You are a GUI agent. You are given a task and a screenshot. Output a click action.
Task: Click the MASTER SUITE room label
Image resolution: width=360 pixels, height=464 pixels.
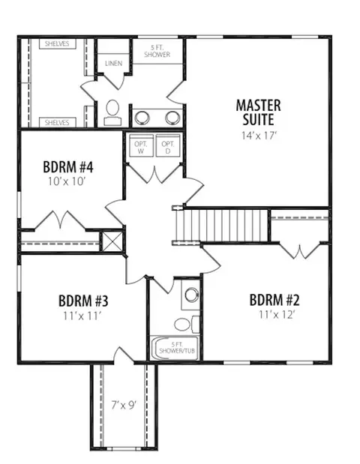(x=259, y=112)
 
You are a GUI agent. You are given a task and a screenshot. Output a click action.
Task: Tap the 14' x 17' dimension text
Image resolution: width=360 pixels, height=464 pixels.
(x=259, y=136)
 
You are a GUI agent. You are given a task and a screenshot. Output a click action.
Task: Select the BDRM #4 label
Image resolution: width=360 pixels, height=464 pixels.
(x=68, y=167)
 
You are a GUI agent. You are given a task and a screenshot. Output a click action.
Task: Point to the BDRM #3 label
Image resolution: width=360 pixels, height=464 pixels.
(x=83, y=301)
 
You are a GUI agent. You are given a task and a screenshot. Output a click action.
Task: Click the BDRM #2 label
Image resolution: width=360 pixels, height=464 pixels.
(x=274, y=300)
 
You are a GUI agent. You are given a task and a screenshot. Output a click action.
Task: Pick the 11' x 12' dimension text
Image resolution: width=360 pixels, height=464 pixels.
(x=277, y=315)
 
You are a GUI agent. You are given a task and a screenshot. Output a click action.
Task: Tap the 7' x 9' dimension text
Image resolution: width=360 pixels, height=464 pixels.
(x=124, y=405)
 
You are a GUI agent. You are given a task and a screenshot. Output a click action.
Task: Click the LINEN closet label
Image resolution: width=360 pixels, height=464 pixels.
(x=114, y=63)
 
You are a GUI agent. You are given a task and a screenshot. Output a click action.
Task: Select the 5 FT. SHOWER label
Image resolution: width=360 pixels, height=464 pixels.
(x=157, y=51)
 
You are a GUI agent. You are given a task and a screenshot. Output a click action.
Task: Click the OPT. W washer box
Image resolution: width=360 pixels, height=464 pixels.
(x=141, y=145)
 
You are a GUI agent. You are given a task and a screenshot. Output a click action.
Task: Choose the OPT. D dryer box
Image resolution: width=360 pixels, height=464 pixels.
(x=168, y=145)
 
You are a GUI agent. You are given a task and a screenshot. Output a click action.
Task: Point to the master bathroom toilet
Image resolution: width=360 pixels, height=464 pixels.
(x=112, y=112)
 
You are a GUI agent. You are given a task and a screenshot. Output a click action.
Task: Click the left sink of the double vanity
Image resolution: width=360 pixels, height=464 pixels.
(x=142, y=118)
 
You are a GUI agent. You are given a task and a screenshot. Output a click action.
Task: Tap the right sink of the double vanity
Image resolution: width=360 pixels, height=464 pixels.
(x=172, y=118)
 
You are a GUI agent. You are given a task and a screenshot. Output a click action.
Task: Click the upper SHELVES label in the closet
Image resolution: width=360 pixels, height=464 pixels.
(x=57, y=43)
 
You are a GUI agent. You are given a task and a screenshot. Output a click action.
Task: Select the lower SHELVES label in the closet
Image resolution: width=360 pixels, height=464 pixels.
(x=57, y=122)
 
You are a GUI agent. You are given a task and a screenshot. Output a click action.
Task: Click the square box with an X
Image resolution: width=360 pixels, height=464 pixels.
(x=112, y=242)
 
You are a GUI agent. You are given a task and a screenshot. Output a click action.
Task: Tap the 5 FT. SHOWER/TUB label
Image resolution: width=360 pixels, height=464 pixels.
(x=177, y=348)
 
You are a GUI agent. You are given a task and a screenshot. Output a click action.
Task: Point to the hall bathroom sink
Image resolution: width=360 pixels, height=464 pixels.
(x=192, y=295)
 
